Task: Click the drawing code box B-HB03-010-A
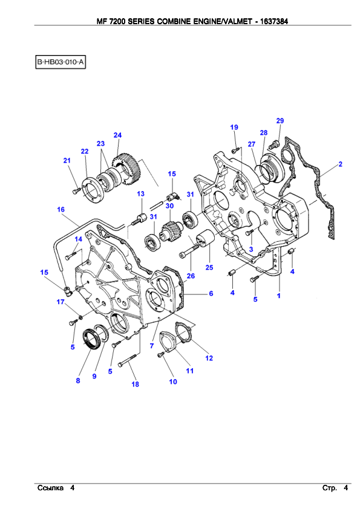click(x=61, y=62)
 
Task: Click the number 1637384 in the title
click(x=274, y=21)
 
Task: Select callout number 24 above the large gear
click(x=117, y=135)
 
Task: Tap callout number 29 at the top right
click(x=280, y=121)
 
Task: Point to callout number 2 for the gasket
click(x=340, y=164)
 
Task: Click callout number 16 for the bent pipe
click(x=61, y=210)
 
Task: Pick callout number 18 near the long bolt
click(x=135, y=384)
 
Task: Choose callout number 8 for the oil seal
click(x=78, y=380)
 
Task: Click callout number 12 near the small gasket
click(x=209, y=358)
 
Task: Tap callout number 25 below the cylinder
click(x=209, y=267)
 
